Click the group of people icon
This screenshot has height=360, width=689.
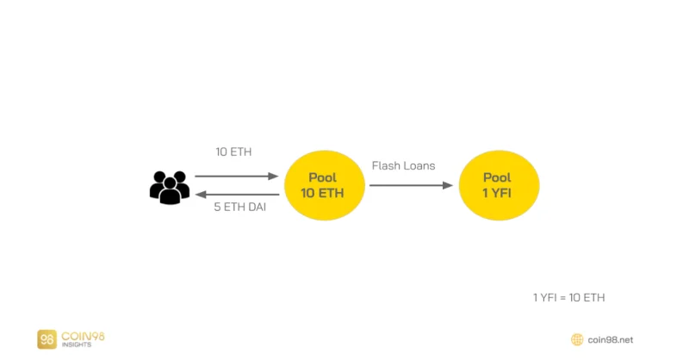[170, 188]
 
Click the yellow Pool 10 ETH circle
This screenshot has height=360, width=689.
[325, 185]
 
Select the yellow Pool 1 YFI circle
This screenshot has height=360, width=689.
[499, 185]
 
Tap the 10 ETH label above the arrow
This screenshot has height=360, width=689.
[233, 152]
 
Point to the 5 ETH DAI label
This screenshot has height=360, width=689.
[240, 207]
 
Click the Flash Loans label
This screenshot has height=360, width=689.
[403, 165]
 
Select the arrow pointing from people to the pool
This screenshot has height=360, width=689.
[236, 177]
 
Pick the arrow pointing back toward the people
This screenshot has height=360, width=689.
[237, 195]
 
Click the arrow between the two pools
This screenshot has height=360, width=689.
[411, 185]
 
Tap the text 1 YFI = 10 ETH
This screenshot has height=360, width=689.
[569, 298]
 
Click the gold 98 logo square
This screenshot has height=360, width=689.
[47, 339]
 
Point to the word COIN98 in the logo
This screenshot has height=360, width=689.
[83, 336]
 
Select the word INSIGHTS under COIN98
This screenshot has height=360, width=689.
[77, 344]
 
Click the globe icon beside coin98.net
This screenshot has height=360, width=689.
[577, 339]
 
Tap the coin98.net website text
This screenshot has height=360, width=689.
[611, 340]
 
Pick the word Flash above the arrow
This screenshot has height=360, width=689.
[383, 165]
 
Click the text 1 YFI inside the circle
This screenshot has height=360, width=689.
[497, 193]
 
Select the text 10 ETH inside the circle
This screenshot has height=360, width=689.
[322, 193]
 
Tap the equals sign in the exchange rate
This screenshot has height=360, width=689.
[563, 298]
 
